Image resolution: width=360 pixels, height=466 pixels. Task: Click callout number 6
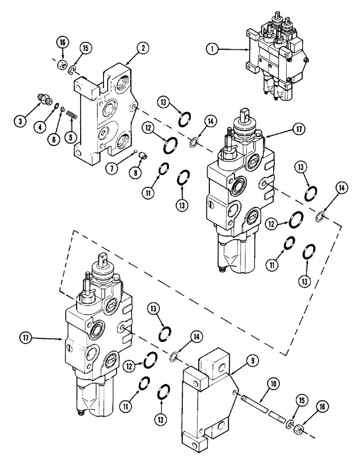click(55, 139)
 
